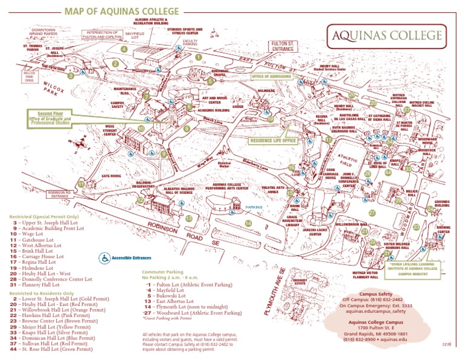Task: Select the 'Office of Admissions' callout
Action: coord(271,77)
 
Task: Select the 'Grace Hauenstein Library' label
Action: coord(292,220)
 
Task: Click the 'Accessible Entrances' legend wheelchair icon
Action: coord(105,258)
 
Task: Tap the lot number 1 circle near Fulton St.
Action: coord(198,57)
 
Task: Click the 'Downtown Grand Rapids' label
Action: coord(43,32)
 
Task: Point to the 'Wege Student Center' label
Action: coord(110,130)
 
